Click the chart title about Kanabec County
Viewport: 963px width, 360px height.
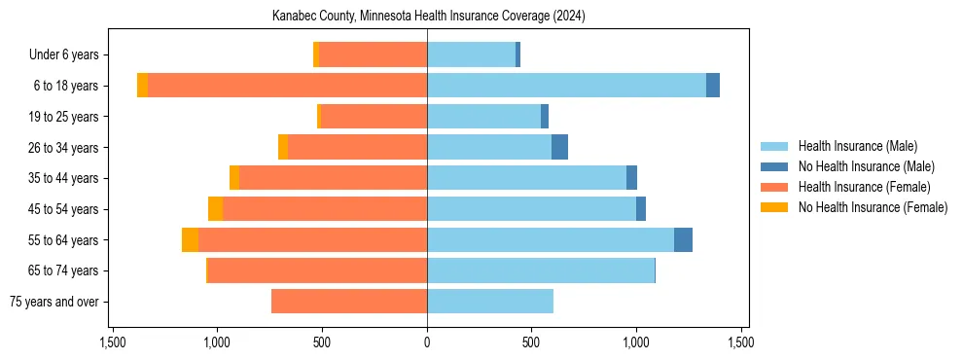coord(427,17)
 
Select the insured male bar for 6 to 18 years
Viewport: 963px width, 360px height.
coord(566,86)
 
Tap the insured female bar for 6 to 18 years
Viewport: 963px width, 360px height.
coord(287,86)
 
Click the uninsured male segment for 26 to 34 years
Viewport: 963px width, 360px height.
coord(559,147)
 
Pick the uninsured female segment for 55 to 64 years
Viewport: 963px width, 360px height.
coord(190,240)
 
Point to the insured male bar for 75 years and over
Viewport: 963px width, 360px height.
coord(490,302)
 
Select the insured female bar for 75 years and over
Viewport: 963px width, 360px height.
coord(349,302)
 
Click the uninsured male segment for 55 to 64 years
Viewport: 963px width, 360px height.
coord(683,240)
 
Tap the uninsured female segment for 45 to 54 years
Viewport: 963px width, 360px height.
coord(215,209)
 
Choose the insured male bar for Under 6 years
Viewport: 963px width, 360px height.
coord(471,54)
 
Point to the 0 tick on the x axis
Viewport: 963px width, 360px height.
coord(427,342)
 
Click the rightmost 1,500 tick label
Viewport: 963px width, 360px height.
coord(741,342)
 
